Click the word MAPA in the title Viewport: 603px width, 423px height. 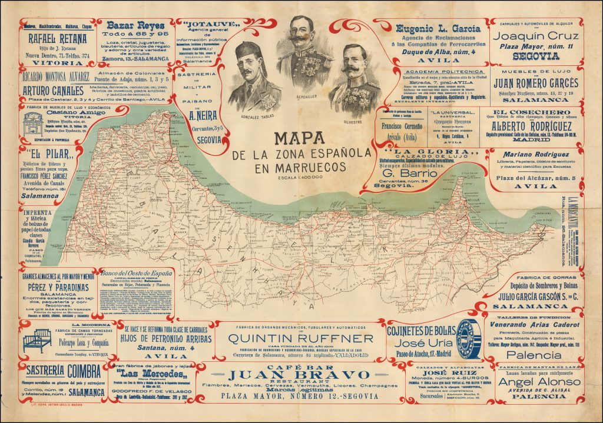(301, 138)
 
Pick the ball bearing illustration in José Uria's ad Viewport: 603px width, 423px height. (469, 339)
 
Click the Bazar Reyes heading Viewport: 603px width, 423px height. (139, 26)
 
